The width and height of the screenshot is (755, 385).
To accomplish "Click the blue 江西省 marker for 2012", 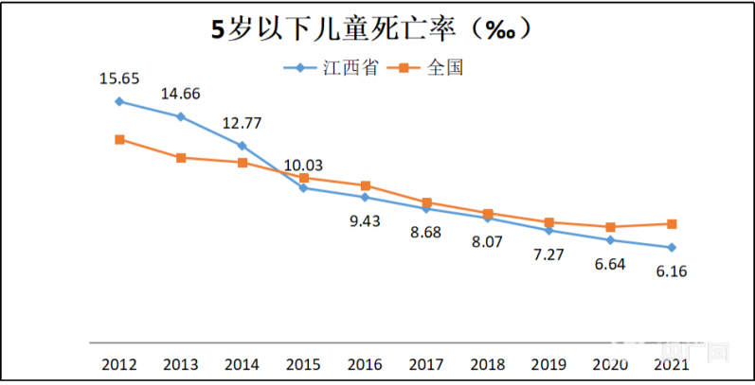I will point(119,101).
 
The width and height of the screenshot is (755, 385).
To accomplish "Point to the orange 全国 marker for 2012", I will point(119,140).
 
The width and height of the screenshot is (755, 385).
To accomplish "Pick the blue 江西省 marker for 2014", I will point(242,146).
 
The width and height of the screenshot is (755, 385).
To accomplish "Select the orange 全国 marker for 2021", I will point(672,224).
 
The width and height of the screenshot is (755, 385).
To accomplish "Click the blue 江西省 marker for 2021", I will point(672,248).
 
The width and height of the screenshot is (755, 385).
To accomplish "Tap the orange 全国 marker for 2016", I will point(365,185).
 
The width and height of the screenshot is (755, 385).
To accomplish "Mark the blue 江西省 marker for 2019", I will point(548,230).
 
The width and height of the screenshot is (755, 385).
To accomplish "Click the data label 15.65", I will point(119,79).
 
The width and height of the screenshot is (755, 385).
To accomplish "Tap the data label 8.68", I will point(426,232).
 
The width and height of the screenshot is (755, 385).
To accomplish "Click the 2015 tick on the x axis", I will point(303,364).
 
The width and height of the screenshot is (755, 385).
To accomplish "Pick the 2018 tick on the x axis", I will point(487,364).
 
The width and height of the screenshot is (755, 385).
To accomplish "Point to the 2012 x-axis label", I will point(119,364).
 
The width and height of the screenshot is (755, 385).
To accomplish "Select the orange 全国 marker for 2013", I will point(181,157).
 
